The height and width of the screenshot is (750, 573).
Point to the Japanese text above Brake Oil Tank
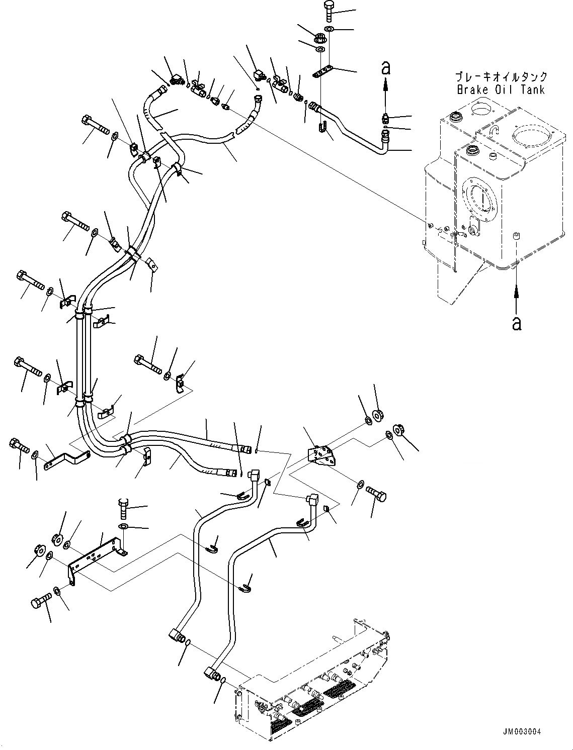coord(501,76)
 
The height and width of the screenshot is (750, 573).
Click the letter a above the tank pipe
coord(386,68)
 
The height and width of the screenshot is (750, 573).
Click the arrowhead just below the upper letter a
coord(386,83)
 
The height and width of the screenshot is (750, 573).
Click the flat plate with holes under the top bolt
coord(322,72)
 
